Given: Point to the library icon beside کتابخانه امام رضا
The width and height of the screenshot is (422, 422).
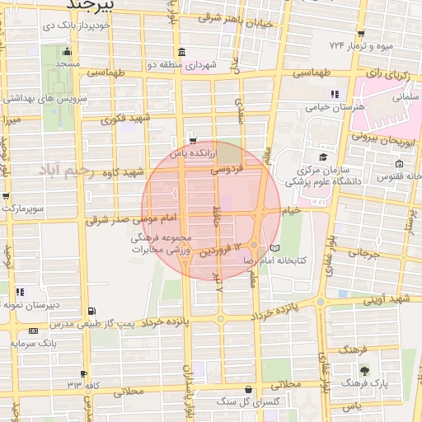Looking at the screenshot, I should tap(274, 248).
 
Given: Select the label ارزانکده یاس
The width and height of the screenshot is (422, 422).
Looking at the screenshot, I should tap(193, 153).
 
